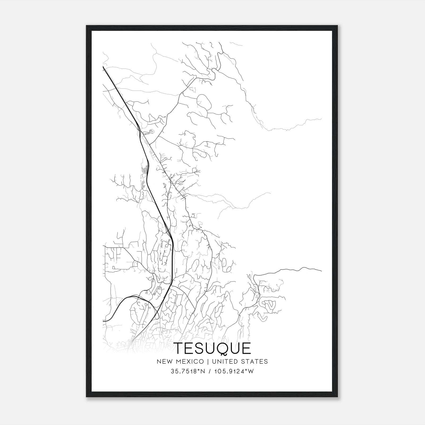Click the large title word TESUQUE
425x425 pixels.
coord(212,349)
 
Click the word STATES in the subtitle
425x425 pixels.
coord(255,362)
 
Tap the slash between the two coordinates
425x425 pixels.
coord(211,371)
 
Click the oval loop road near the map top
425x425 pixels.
coord(203,102)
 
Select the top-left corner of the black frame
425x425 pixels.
coord(87,26)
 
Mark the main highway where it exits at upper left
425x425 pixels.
coord(103,67)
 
